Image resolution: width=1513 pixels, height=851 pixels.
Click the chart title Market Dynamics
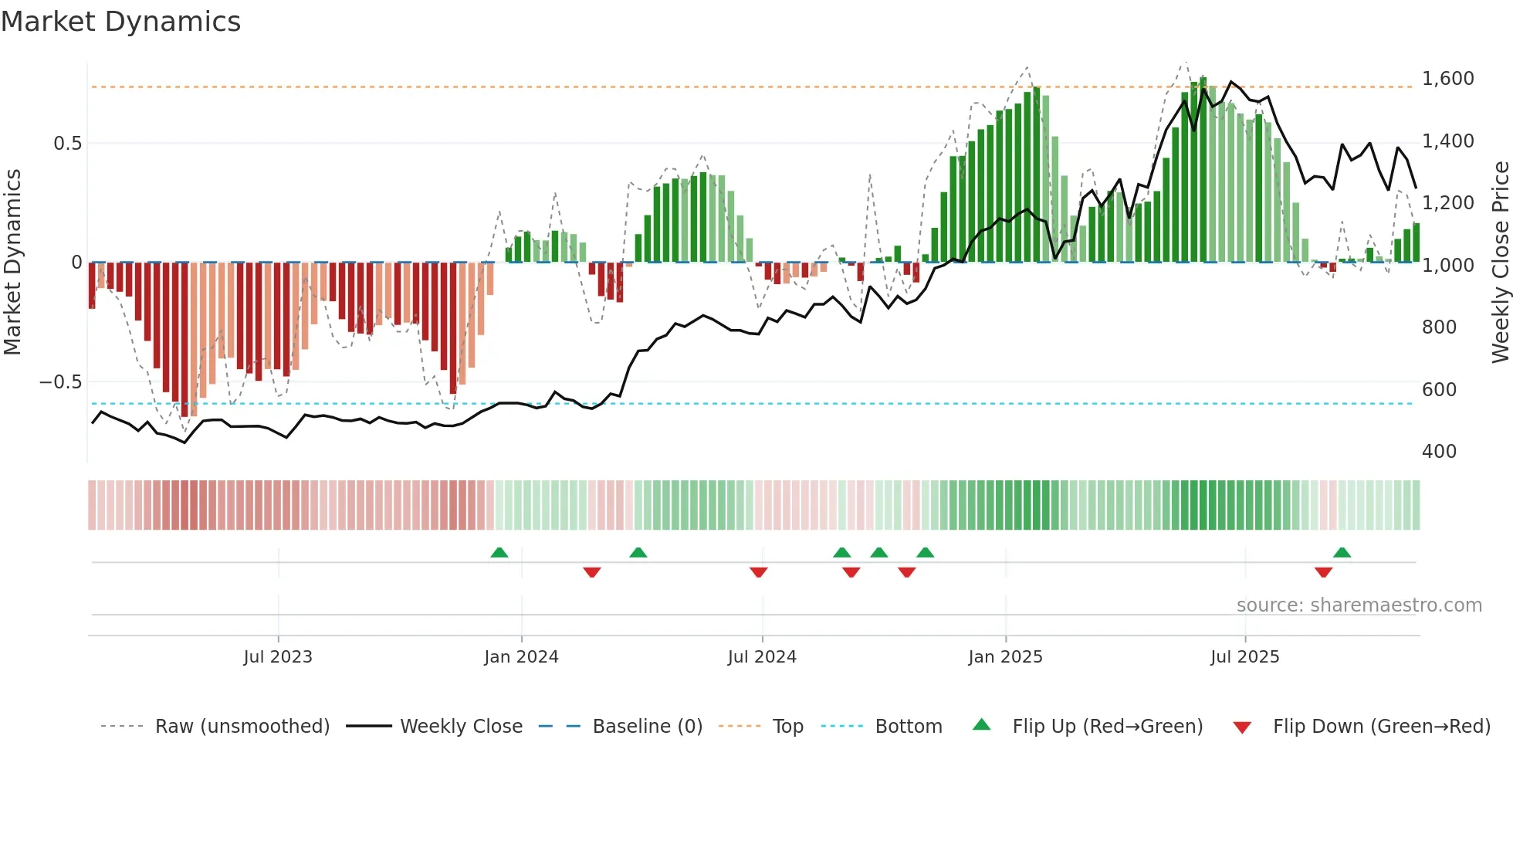(x=120, y=22)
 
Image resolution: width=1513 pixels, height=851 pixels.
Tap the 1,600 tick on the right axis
(x=1447, y=79)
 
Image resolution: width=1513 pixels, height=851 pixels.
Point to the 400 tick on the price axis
(x=1439, y=452)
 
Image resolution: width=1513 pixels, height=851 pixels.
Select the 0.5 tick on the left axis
(x=67, y=144)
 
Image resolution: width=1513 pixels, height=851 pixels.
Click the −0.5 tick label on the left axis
(x=60, y=382)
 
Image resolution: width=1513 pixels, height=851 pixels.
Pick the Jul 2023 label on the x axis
(x=278, y=657)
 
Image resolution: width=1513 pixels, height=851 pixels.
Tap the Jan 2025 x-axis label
(x=1005, y=657)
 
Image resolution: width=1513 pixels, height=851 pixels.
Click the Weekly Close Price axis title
(x=1500, y=263)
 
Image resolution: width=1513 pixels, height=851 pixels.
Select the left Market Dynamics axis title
(x=12, y=263)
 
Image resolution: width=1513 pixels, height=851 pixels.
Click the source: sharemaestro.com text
(x=1359, y=605)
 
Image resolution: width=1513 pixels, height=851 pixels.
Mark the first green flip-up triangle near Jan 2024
(x=499, y=552)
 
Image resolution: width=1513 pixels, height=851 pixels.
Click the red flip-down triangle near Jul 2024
(x=759, y=572)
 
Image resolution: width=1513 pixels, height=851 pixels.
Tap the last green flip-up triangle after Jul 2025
(x=1342, y=552)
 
